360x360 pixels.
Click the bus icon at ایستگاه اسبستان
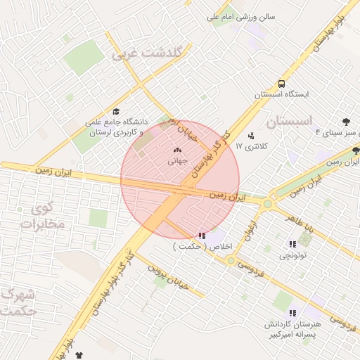[281, 82]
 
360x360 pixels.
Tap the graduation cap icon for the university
[116, 111]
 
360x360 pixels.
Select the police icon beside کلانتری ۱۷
[251, 135]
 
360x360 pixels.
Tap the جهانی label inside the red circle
[176, 161]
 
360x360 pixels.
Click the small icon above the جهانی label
[176, 150]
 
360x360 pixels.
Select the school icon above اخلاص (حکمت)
[202, 236]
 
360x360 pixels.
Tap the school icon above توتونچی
[292, 244]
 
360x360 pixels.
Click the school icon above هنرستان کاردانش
[292, 313]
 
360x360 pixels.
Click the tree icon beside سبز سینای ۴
[347, 122]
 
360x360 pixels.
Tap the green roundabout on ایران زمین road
[267, 204]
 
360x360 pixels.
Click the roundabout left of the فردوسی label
[230, 260]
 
